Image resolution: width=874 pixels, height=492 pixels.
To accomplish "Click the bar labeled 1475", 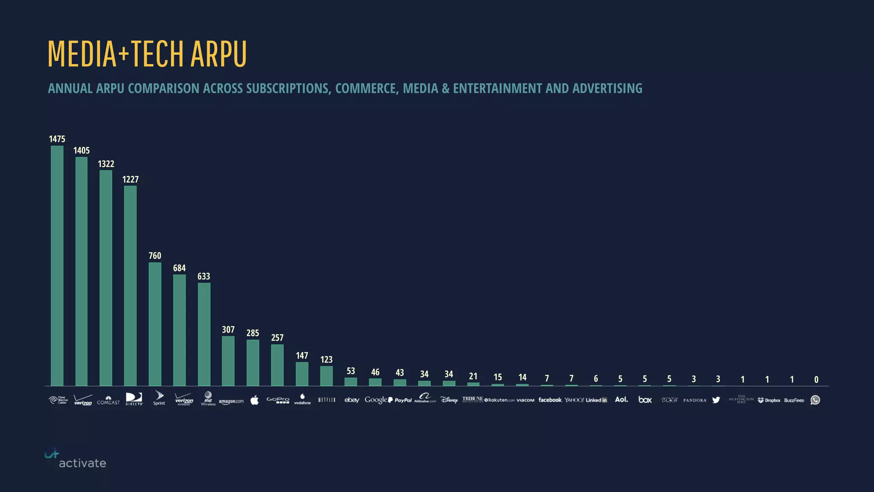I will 57,266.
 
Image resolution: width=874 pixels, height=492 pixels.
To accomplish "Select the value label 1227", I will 130,179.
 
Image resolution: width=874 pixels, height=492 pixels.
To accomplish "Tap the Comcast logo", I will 108,400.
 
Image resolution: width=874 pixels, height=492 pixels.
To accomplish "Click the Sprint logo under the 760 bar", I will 159,398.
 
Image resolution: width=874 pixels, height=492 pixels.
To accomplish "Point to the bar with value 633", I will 204,334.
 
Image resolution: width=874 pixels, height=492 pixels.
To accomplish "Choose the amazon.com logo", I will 231,401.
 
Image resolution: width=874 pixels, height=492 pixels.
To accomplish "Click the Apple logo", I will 254,400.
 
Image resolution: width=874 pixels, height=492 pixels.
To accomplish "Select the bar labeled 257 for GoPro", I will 277,365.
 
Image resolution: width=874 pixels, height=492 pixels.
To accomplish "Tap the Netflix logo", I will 327,400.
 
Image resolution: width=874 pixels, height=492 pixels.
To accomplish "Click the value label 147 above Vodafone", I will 302,355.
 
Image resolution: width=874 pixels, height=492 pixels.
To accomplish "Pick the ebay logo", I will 352,400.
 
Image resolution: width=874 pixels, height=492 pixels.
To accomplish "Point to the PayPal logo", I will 400,400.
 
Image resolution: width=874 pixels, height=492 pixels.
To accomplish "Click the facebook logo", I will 550,400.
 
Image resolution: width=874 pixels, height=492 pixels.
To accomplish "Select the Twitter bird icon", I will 716,400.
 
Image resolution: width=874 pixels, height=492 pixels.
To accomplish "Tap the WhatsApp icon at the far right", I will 815,400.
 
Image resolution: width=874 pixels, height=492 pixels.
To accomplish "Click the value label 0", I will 816,379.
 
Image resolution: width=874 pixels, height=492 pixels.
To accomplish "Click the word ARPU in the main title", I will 218,54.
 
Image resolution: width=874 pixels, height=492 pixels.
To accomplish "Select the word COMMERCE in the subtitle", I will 366,88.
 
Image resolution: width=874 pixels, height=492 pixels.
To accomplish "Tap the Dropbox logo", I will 769,400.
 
